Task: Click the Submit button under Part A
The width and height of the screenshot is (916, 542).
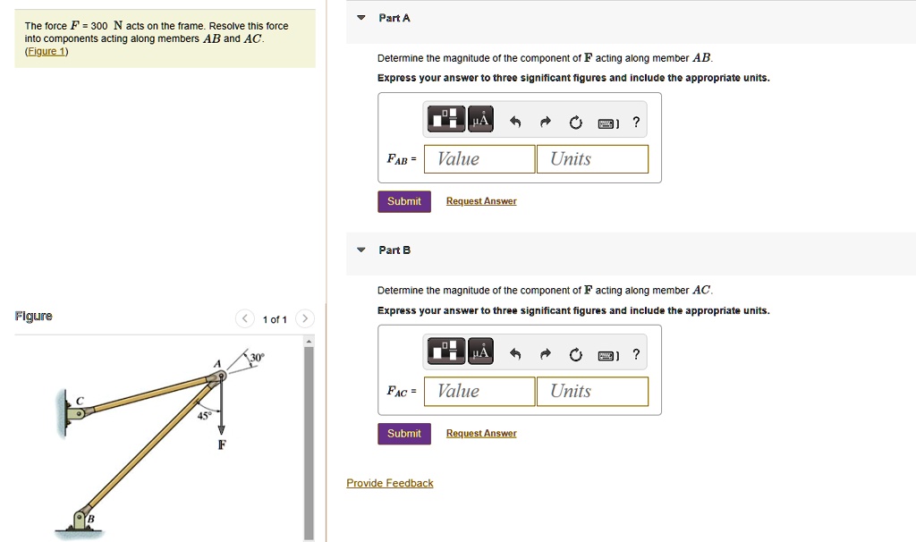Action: click(403, 201)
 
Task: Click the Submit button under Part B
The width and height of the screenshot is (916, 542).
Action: click(403, 434)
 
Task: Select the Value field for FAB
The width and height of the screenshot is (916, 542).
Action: click(479, 159)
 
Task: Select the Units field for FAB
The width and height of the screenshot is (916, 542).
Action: click(592, 159)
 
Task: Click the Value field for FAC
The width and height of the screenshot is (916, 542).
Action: click(479, 392)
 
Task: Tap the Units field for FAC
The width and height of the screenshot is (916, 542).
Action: click(592, 392)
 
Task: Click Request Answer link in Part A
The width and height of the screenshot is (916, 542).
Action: click(481, 201)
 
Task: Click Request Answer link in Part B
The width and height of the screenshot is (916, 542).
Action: click(481, 434)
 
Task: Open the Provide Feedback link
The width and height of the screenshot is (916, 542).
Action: click(390, 484)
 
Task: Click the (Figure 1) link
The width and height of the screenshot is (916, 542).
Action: click(46, 51)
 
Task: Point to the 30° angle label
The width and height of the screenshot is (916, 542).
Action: click(257, 358)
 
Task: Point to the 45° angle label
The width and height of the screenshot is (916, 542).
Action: click(205, 416)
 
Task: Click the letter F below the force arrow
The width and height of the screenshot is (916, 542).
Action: click(222, 445)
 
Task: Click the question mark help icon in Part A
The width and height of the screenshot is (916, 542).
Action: click(635, 122)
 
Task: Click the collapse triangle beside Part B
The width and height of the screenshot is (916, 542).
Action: click(360, 250)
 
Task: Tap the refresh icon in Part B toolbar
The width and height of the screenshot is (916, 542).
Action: click(575, 354)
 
